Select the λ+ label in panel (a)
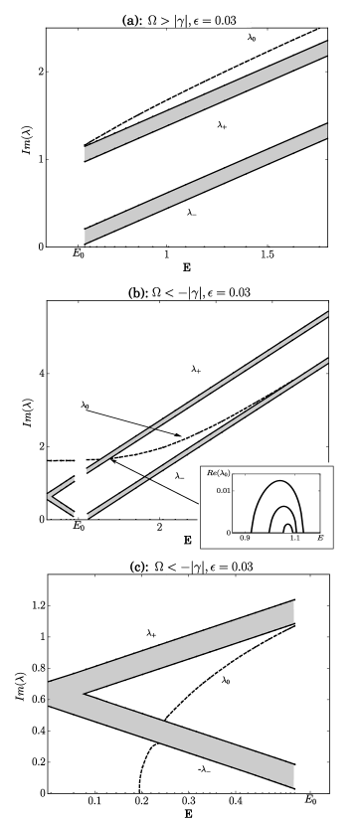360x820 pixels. [x=223, y=126]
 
